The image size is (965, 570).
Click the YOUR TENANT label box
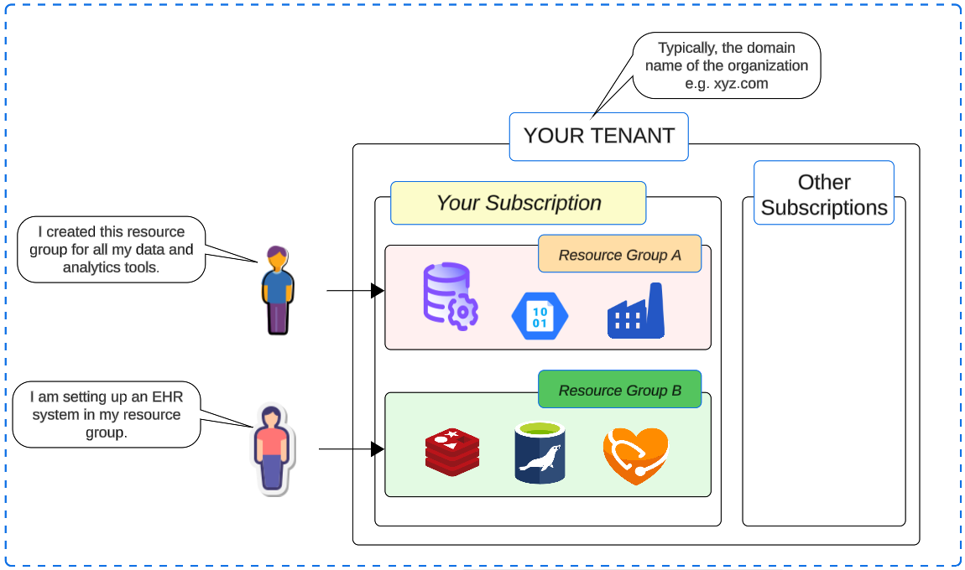click(x=598, y=136)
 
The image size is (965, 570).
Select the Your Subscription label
click(x=518, y=203)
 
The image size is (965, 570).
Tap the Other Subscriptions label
click(x=823, y=194)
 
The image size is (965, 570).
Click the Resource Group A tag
click(x=619, y=255)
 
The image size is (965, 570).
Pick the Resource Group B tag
click(x=619, y=390)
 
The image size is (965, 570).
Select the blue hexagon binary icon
click(x=540, y=316)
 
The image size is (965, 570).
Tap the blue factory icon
click(x=636, y=311)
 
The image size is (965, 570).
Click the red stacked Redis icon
click(x=451, y=452)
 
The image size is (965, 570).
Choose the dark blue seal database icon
click(x=540, y=453)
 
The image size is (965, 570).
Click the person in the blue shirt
click(x=276, y=290)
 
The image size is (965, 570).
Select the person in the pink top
click(x=271, y=448)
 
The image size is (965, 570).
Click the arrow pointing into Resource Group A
click(x=355, y=291)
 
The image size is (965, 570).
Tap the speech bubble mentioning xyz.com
click(x=726, y=65)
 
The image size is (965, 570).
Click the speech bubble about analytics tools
click(x=111, y=249)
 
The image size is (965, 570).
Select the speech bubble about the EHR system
click(x=107, y=414)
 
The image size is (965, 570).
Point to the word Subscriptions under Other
click(x=823, y=208)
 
